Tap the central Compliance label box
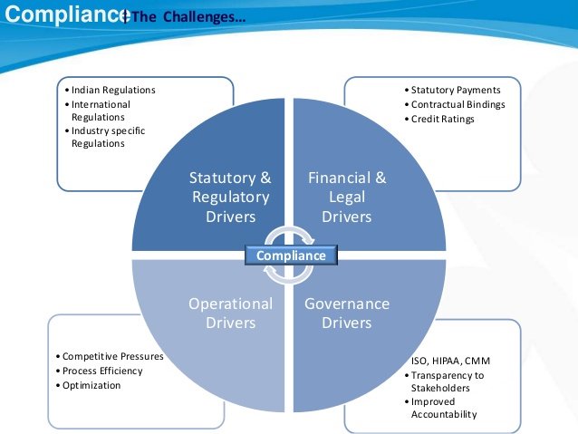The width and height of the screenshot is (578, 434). [x=291, y=256]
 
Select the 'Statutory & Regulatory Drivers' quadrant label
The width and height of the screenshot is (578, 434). [x=229, y=197]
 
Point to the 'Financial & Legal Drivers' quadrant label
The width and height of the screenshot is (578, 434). [x=347, y=197]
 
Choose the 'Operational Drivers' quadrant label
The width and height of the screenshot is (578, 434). [x=230, y=313]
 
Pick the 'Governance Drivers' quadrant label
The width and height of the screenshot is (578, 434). [x=347, y=313]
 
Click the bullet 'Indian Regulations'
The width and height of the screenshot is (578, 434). [x=112, y=91]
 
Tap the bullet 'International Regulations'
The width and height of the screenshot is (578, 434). [x=101, y=111]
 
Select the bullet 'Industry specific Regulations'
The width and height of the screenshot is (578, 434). [x=106, y=137]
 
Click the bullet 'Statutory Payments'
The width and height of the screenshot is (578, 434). [x=454, y=91]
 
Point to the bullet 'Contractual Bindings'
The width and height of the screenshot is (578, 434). [x=458, y=104]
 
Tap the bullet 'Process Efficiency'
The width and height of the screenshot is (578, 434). [x=101, y=371]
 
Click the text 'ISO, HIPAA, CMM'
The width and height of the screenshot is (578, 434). [x=450, y=362]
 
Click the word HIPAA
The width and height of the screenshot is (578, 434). [x=448, y=362]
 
